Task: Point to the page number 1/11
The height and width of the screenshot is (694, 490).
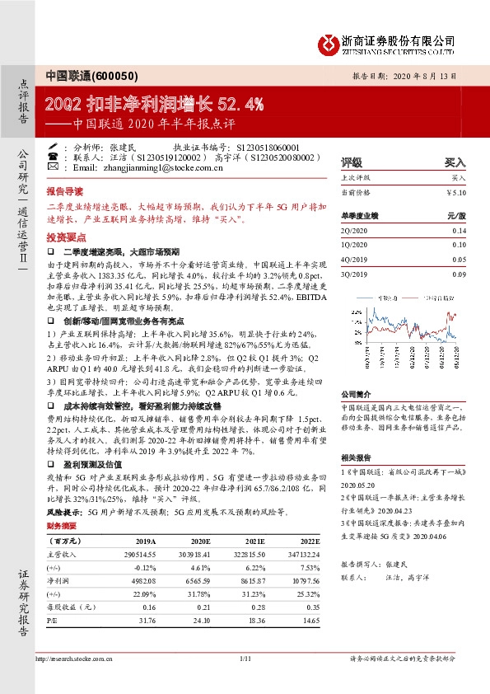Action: coord(245,659)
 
